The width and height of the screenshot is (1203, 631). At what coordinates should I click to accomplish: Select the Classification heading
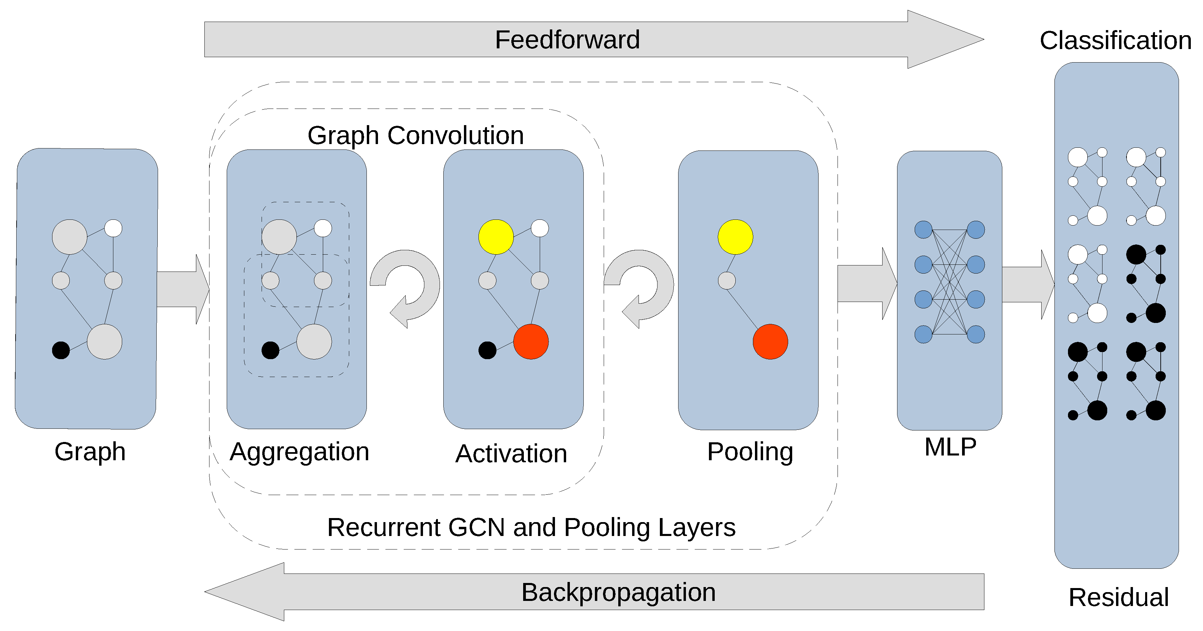tap(1115, 41)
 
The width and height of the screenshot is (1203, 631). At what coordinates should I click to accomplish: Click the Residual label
tap(1118, 598)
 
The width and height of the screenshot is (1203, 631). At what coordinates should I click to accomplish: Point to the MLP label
tap(950, 447)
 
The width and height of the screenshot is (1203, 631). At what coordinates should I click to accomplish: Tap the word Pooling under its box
tap(750, 452)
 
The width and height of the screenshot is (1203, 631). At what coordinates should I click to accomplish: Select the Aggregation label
tap(299, 452)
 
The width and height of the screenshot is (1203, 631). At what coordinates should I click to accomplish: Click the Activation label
tap(511, 454)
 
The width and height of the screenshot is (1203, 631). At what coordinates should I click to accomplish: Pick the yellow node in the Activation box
tap(496, 237)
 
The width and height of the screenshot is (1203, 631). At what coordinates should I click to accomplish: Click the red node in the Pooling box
tap(770, 342)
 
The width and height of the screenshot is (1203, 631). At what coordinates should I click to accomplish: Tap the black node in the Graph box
tap(61, 350)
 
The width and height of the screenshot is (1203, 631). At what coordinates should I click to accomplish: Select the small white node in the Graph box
tap(113, 228)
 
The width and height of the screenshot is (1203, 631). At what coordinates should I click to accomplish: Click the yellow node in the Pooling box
tap(735, 237)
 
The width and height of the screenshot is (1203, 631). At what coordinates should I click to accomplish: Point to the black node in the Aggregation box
tap(270, 350)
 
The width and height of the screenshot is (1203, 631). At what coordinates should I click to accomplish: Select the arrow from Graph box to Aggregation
tap(182, 289)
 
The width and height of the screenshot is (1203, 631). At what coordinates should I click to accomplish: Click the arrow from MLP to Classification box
tap(1027, 285)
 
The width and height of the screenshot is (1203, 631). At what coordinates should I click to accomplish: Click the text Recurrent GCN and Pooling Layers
tap(531, 528)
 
